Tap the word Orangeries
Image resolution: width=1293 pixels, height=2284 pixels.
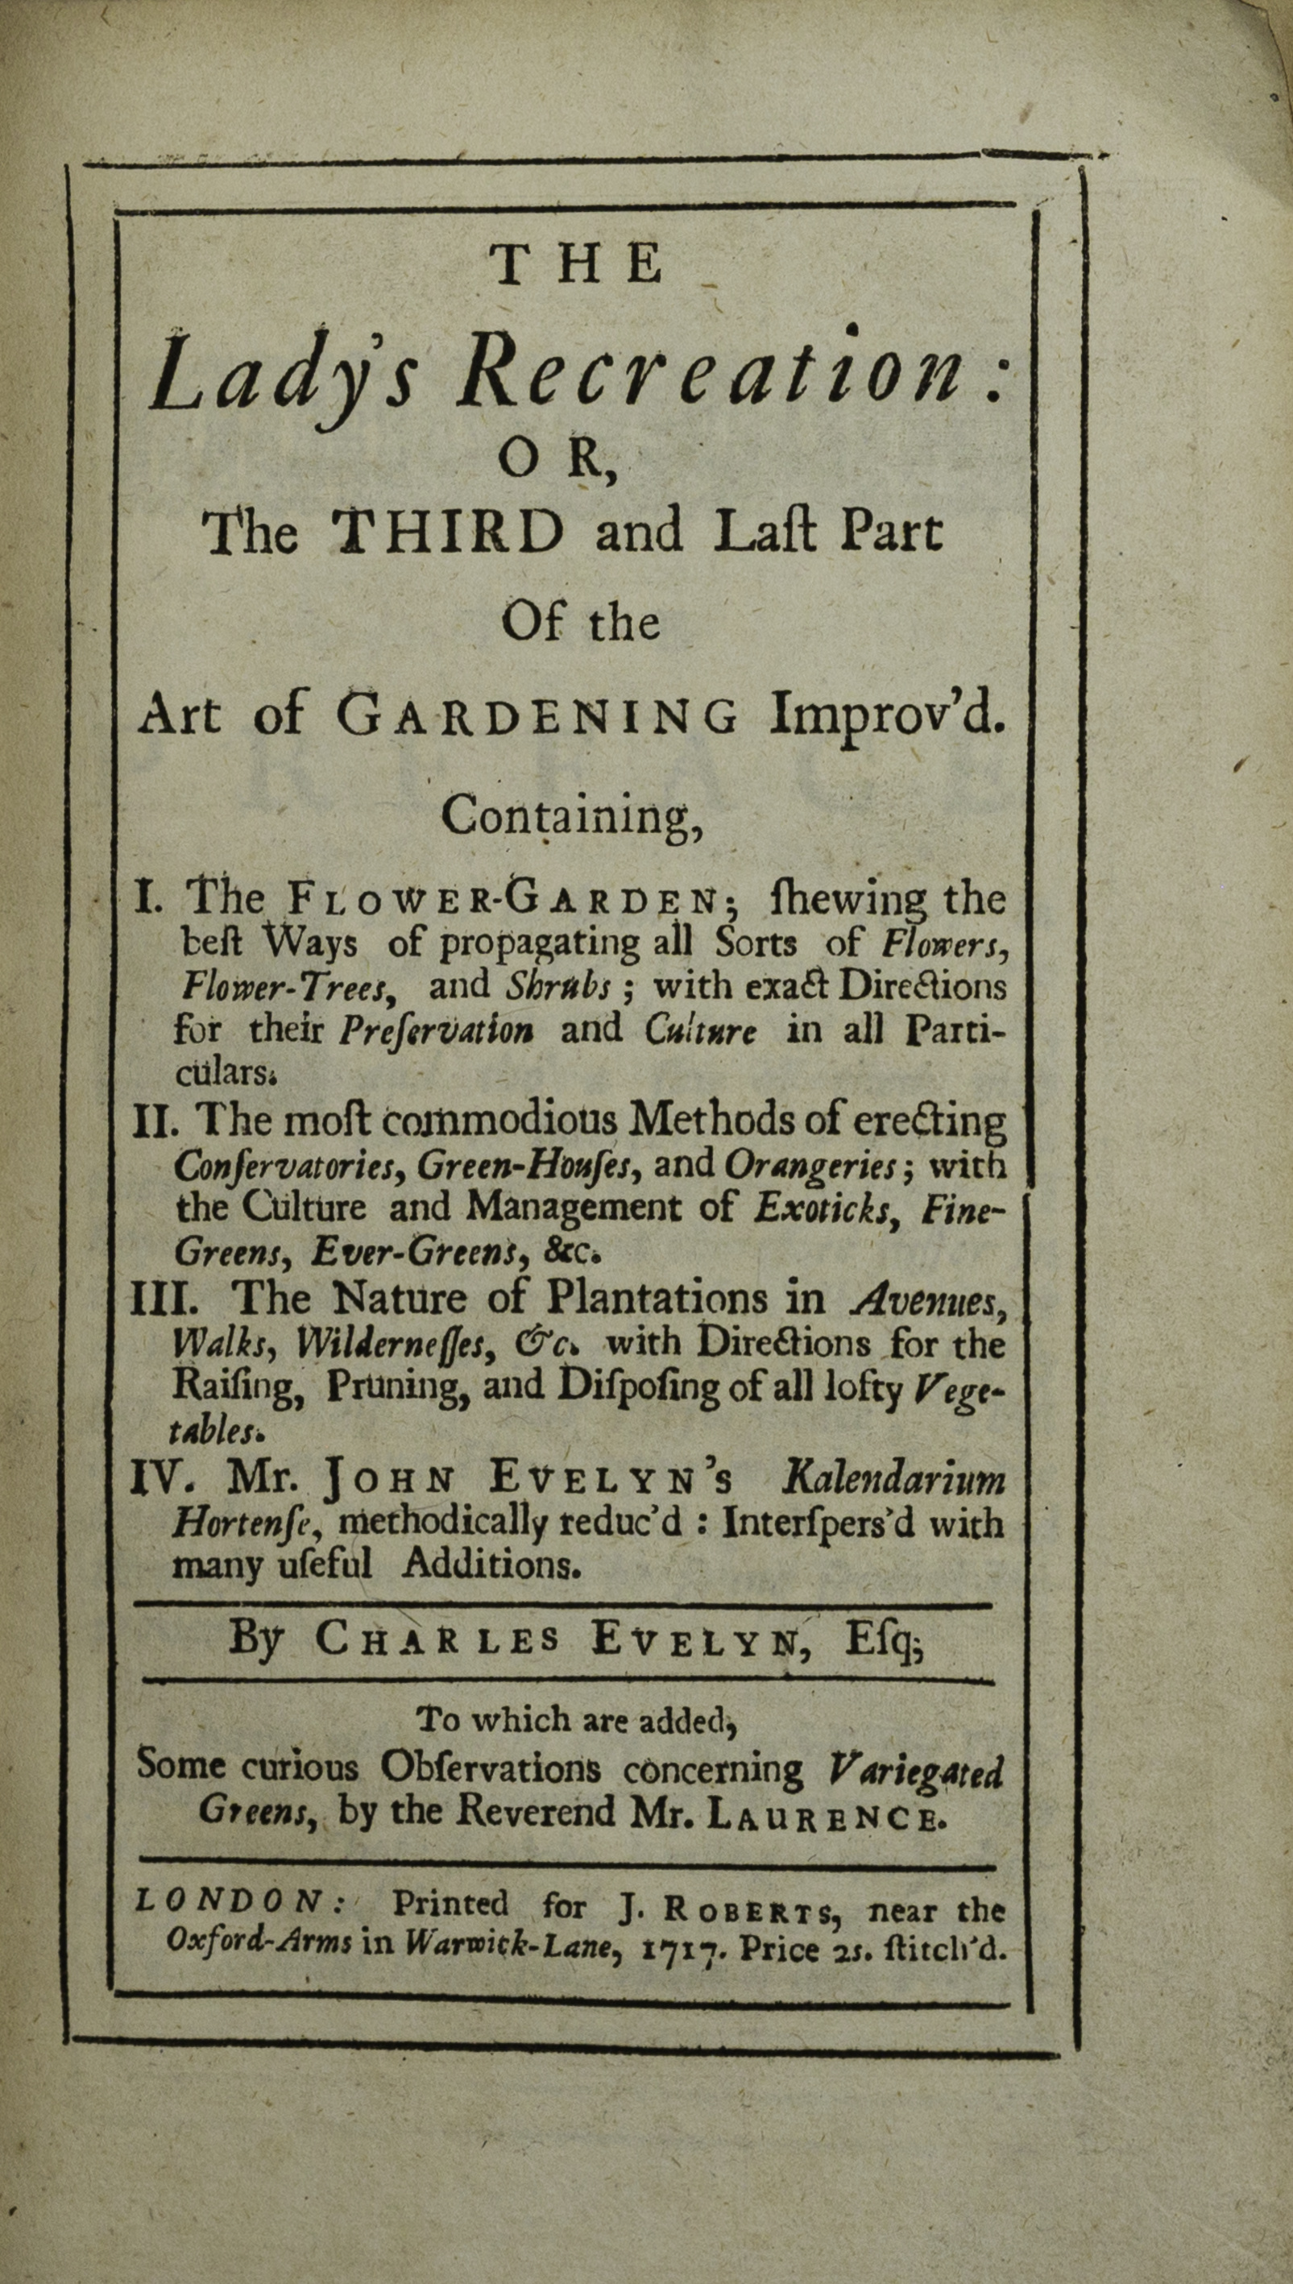click(x=808, y=1166)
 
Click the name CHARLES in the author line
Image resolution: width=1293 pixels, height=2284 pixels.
click(x=437, y=1639)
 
